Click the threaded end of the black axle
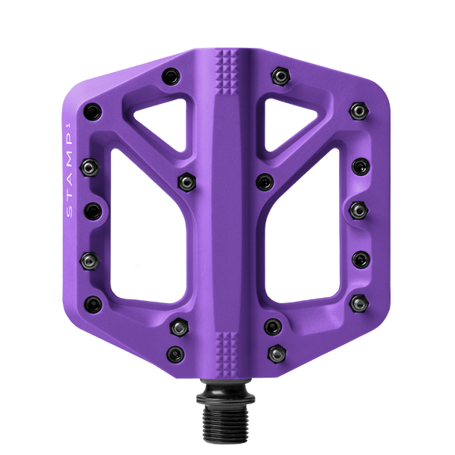tap(225, 423)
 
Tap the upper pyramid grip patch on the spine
tap(226, 72)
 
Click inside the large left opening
tap(147, 232)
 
